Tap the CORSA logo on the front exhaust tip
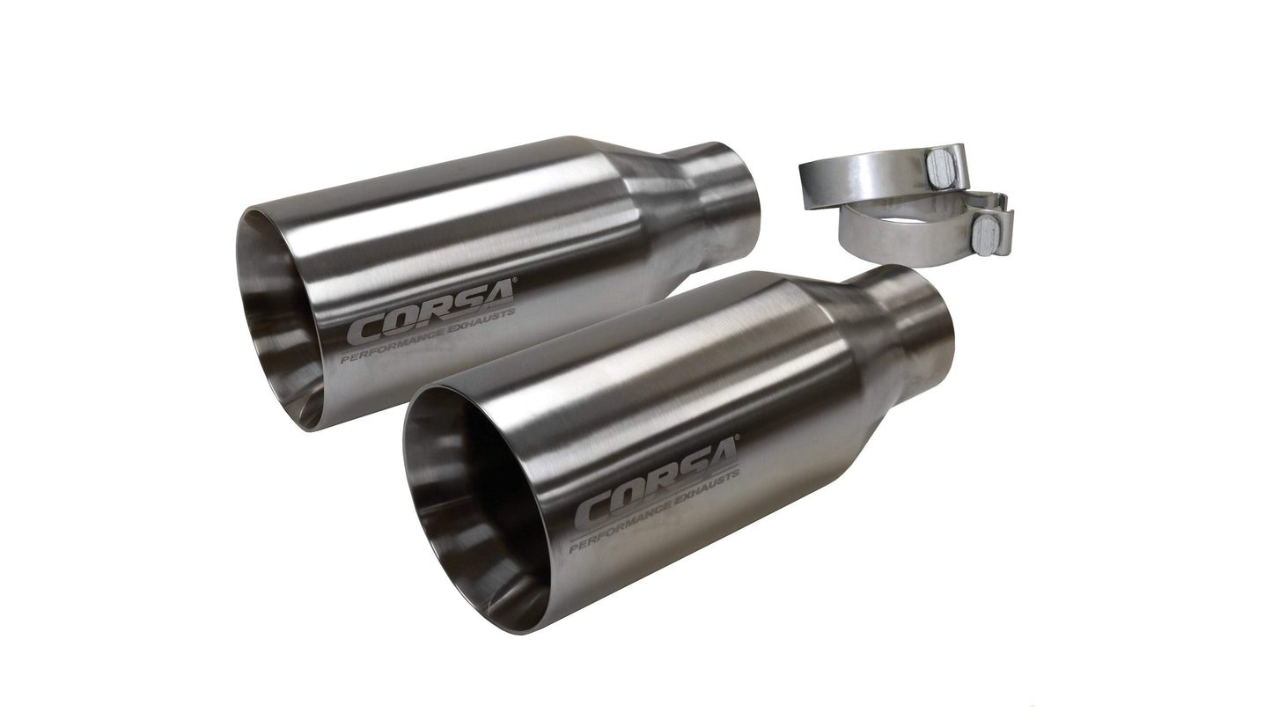[657, 484]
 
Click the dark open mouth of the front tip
[475, 511]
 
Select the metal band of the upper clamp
[858, 176]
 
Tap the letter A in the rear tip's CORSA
[497, 297]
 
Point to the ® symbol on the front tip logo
[737, 437]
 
